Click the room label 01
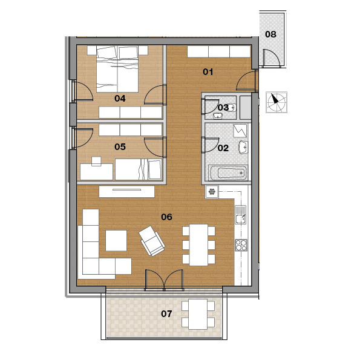tap(208, 72)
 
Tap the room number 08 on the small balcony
tap(270, 34)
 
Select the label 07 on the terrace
tap(166, 313)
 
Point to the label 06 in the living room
tap(166, 217)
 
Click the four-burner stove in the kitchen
tap(241, 245)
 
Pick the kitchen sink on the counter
tap(241, 215)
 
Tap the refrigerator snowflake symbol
tap(212, 191)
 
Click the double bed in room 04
tap(117, 69)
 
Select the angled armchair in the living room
tap(152, 241)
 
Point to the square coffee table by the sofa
tap(116, 240)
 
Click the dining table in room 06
tap(198, 245)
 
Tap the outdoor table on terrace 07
tap(198, 314)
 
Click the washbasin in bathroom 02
tap(243, 147)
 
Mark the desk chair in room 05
tap(96, 161)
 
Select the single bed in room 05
tap(139, 169)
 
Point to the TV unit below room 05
tap(126, 191)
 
